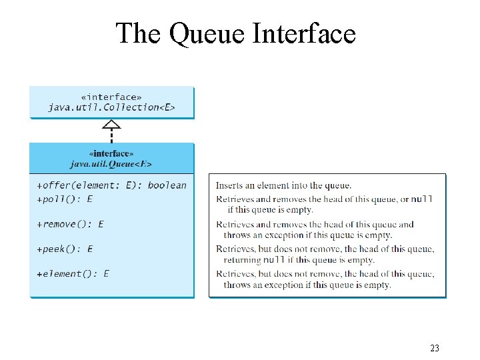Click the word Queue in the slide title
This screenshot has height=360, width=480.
207,33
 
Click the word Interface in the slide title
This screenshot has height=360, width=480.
304,33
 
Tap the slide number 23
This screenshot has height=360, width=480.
435,349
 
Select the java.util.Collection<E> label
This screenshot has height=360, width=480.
111,107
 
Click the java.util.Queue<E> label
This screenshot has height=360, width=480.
111,163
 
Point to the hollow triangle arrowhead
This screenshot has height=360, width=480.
112,123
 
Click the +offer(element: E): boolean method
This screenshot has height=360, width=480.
111,185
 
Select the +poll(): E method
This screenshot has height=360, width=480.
65,199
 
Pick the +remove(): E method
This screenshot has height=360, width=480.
70,224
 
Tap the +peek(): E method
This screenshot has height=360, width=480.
65,249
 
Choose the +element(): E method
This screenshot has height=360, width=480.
73,273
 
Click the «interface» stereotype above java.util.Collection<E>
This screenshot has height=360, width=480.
111,97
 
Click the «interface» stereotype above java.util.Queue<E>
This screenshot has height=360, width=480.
111,153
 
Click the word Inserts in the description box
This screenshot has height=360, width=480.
230,185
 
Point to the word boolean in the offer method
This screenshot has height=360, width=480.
167,185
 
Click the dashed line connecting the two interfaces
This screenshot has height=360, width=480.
112,135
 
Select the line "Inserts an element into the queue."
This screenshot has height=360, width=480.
283,185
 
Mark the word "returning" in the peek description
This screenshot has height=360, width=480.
242,260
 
